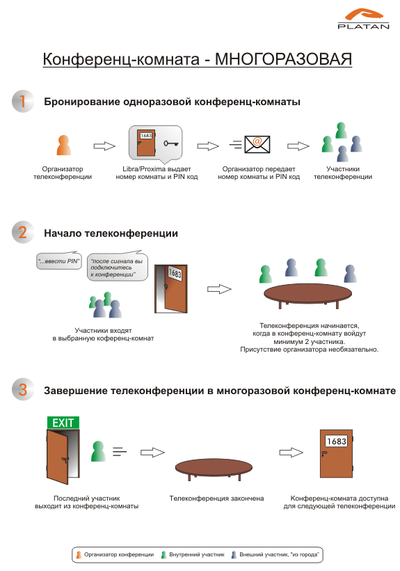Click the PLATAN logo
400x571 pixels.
363,19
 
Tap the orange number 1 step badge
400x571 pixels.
23,101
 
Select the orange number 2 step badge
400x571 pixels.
23,232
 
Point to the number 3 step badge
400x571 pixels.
23,389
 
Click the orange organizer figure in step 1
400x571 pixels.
63,145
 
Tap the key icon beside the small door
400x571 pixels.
170,143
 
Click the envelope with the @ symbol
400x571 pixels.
257,144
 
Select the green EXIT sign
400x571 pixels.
63,423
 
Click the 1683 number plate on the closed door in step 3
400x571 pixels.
337,441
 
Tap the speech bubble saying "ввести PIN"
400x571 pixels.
59,260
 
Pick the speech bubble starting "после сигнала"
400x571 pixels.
118,267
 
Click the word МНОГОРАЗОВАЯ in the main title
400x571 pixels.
283,59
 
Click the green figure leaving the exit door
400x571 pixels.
98,451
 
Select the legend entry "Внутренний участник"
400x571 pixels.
193,554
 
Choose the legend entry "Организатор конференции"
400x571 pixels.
115,554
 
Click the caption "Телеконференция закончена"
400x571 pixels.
216,498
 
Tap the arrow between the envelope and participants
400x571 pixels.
298,146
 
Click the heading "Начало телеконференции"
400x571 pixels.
111,233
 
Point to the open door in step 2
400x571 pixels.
171,289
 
